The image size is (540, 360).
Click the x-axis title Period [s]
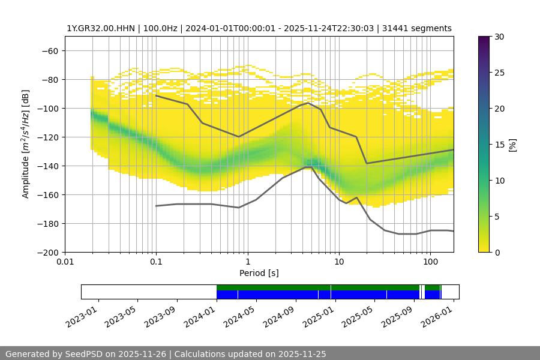tap(259, 273)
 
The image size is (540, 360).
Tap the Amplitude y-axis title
tap(26, 144)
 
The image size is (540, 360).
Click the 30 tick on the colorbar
tap(499, 37)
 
